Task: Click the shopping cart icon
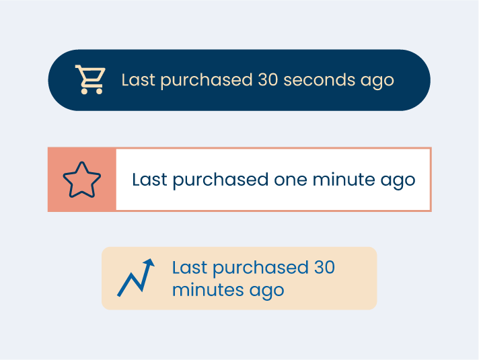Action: click(91, 79)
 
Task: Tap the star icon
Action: click(82, 180)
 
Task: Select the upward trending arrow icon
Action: click(136, 277)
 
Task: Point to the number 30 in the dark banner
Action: click(268, 80)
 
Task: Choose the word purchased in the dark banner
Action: click(207, 81)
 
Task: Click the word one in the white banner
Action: click(291, 180)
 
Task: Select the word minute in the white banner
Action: click(344, 179)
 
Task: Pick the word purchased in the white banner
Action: click(221, 180)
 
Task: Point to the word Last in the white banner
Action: click(149, 179)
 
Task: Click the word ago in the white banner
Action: click(398, 181)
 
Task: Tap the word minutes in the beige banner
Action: click(208, 290)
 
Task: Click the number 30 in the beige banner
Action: click(325, 267)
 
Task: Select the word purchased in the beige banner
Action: click(260, 268)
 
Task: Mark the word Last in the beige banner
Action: click(190, 267)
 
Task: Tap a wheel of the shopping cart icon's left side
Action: click(84, 91)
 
